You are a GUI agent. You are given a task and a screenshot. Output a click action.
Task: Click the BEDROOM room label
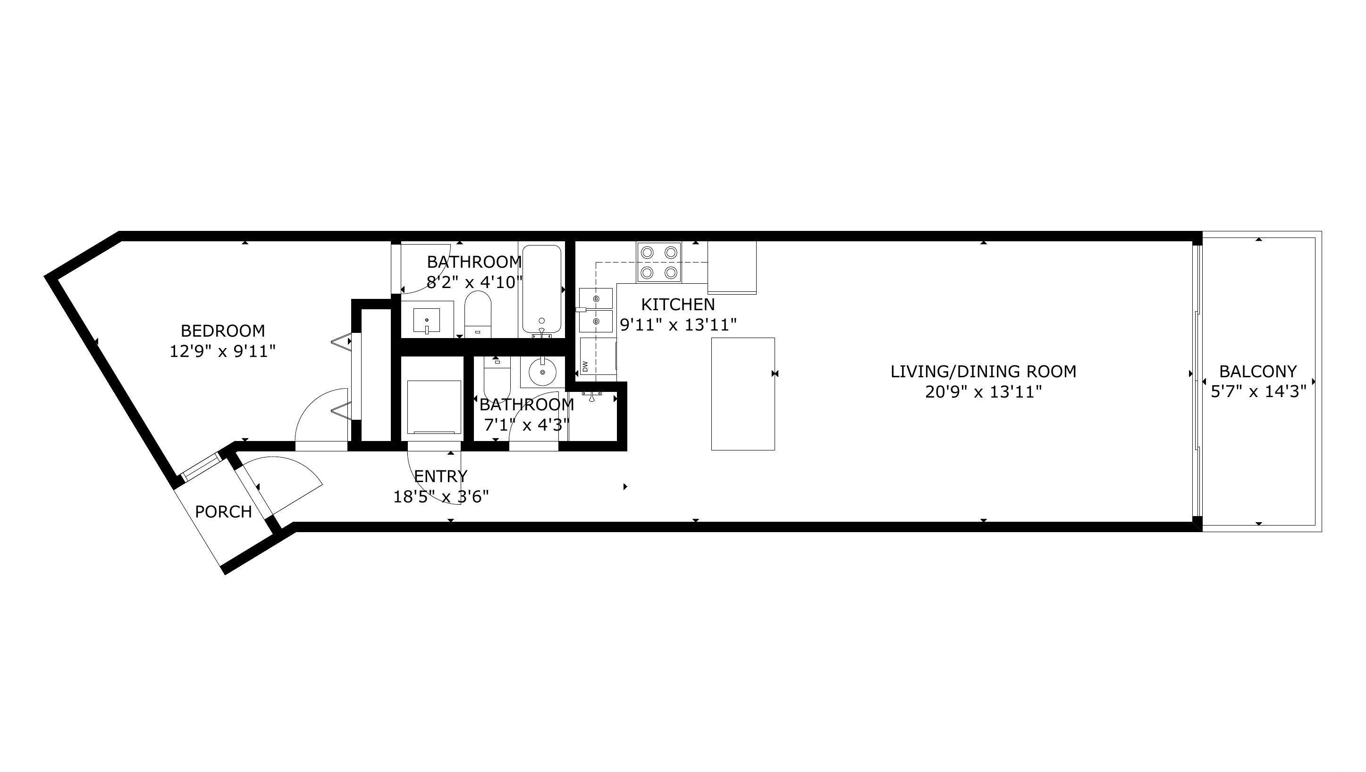coord(223,331)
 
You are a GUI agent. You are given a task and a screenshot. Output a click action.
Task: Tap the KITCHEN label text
coord(678,305)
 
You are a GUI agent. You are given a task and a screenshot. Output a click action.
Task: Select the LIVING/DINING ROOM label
coord(983,372)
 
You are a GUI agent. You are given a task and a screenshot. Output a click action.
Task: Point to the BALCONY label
coord(1258,372)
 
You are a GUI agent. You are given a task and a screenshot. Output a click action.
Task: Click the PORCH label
coord(223,512)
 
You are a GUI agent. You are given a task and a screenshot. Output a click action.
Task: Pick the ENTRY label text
coord(441,476)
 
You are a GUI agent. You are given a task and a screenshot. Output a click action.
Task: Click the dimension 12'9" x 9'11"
coord(223,351)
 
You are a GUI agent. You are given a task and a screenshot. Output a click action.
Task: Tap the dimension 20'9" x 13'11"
coord(983,392)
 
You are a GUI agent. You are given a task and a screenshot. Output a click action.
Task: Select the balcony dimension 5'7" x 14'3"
coord(1258,392)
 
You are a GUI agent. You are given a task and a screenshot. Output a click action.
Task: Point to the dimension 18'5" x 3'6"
coord(441,497)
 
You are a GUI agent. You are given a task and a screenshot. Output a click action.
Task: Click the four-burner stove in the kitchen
coord(659,262)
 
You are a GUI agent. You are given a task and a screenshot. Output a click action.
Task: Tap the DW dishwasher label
coord(585,366)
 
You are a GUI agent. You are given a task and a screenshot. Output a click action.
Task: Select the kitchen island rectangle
coord(742,394)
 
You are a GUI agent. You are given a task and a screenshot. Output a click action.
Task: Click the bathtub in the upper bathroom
coord(541,289)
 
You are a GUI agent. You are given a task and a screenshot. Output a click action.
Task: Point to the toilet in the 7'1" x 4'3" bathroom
coord(497,374)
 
